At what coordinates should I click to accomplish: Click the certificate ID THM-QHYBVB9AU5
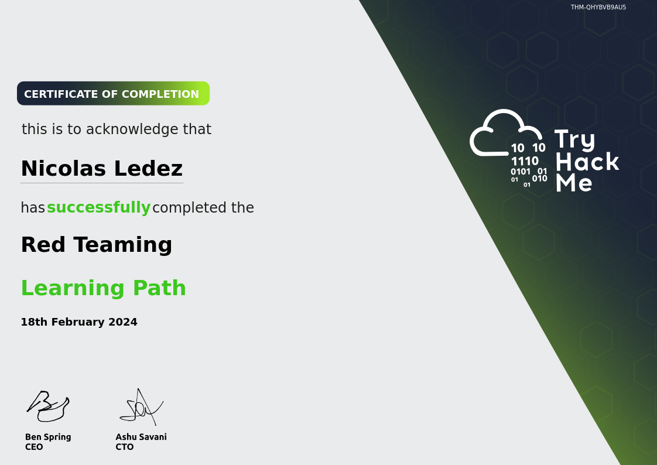point(598,7)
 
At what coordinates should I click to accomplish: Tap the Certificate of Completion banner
point(113,94)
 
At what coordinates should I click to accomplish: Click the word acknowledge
point(133,129)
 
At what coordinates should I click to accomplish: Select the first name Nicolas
point(63,169)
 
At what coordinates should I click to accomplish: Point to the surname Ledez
point(148,169)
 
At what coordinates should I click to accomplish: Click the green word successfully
point(99,207)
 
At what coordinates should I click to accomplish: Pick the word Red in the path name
point(43,244)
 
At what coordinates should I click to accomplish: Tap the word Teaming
point(123,245)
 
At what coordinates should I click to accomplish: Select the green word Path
point(160,288)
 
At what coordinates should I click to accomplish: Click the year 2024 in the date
point(123,322)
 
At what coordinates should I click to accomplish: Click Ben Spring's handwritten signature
point(48,406)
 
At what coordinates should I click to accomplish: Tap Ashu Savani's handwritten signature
point(141,407)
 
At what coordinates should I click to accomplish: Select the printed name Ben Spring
point(48,437)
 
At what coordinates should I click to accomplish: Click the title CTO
point(125,447)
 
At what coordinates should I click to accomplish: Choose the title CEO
point(34,447)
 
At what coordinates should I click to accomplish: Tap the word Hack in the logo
point(587,162)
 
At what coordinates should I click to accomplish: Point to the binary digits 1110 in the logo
point(525,161)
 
